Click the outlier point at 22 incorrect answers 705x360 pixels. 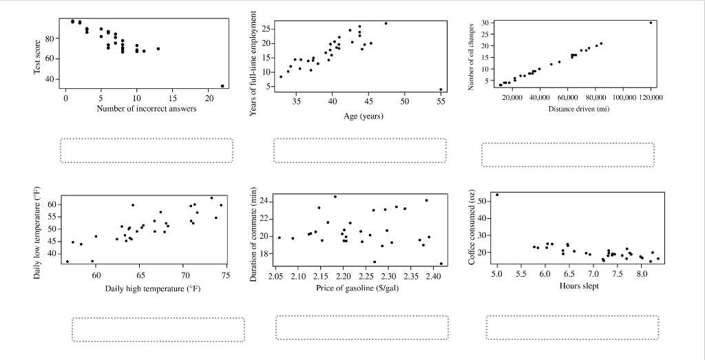click(222, 86)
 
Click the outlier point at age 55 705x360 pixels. click(441, 89)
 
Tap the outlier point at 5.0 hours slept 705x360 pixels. click(497, 195)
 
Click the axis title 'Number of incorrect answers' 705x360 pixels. click(147, 109)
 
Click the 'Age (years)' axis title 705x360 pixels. click(364, 116)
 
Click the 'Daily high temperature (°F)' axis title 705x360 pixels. click(153, 288)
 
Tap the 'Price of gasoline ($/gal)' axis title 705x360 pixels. click(357, 288)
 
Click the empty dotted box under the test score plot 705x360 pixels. click(147, 151)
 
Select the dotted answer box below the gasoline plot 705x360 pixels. click(361, 328)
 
